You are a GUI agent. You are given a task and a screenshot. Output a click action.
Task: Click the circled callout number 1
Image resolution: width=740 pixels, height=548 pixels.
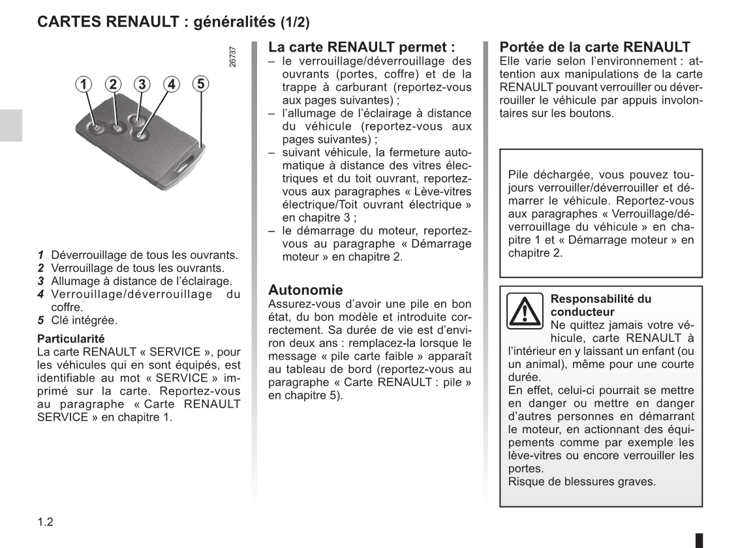point(83,84)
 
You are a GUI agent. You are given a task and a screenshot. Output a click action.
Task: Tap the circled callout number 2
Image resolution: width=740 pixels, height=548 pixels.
point(114,84)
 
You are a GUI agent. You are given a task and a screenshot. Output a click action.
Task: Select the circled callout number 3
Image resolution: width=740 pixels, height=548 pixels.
point(142,84)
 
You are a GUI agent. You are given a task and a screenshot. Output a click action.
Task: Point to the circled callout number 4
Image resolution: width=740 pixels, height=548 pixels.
point(171,84)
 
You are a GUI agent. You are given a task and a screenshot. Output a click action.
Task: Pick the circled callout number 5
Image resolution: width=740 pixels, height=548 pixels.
point(200,84)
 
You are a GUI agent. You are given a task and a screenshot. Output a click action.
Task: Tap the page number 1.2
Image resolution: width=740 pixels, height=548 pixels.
point(45,522)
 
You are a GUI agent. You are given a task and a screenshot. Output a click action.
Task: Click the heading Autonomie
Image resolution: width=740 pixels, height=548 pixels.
point(305,290)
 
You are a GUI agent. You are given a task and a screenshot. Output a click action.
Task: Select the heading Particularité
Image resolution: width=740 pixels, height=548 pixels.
point(70,339)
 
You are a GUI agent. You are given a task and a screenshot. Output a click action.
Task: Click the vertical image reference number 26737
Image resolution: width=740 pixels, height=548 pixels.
point(234,56)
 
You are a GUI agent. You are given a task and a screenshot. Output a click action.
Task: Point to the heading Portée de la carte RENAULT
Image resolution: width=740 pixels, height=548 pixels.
point(594,47)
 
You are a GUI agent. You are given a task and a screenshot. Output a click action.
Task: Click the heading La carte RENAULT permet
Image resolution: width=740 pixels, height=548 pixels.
point(362,47)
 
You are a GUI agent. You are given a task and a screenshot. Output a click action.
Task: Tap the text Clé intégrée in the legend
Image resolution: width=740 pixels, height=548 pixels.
point(84,320)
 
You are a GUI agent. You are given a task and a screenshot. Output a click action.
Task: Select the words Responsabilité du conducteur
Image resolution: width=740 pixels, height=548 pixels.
point(600,305)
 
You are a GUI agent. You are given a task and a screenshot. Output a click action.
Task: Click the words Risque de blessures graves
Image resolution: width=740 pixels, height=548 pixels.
point(581,481)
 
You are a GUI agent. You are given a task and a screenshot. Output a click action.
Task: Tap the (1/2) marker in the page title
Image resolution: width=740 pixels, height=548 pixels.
point(295,22)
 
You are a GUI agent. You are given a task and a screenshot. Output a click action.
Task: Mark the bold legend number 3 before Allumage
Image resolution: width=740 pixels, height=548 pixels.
point(40,281)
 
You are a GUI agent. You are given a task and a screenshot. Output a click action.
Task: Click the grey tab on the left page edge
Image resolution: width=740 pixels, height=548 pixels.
point(10,125)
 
